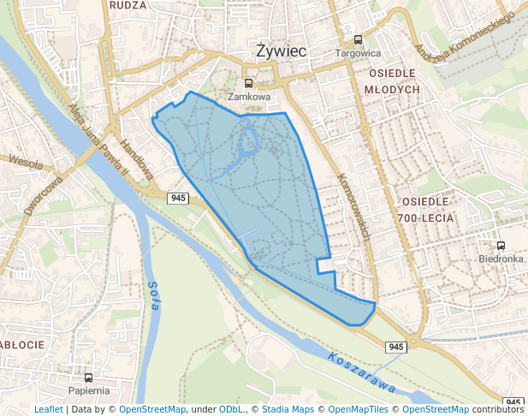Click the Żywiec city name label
pyautogui.click(x=282, y=51)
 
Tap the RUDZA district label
pyautogui.click(x=128, y=4)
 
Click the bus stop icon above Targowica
pyautogui.click(x=358, y=39)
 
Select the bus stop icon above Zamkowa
pyautogui.click(x=248, y=84)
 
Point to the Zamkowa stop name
pyautogui.click(x=248, y=97)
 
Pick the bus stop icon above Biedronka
pyautogui.click(x=501, y=246)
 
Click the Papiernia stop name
pyautogui.click(x=89, y=390)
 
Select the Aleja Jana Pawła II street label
pyautogui.click(x=98, y=136)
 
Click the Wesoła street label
pyautogui.click(x=26, y=161)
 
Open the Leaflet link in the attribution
pyautogui.click(x=49, y=410)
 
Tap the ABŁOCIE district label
pyautogui.click(x=21, y=344)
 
